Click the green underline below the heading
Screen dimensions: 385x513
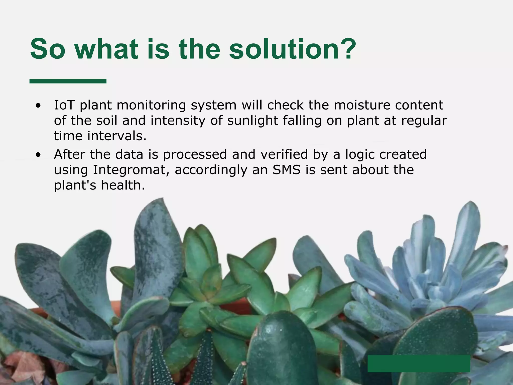68,81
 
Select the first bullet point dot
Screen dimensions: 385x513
38,106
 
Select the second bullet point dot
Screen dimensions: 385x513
38,155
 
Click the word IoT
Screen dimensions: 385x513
64,105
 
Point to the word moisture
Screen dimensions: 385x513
362,105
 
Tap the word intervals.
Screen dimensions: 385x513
117,136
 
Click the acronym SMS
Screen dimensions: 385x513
286,170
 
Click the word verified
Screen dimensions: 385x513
284,154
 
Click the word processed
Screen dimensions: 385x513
195,154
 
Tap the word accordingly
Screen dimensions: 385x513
210,170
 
